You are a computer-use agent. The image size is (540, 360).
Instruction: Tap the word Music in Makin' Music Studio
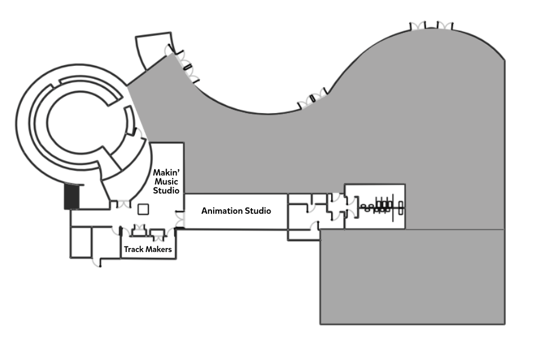click(167, 182)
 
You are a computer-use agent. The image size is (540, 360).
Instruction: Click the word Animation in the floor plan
click(222, 211)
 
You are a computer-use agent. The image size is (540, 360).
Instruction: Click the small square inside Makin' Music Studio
click(143, 209)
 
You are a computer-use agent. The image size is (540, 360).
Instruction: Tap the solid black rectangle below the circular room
click(72, 197)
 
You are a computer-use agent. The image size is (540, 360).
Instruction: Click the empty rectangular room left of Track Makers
click(80, 242)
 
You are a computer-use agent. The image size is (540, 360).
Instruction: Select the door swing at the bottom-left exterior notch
click(95, 262)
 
